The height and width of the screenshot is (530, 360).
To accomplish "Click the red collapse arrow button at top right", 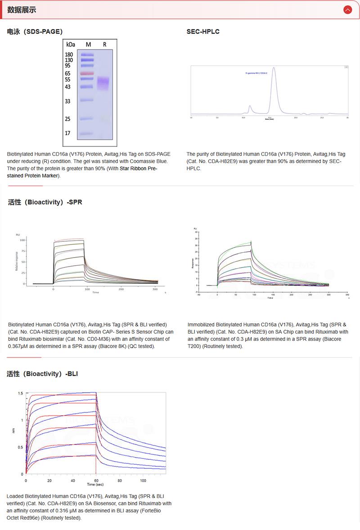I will [x=347, y=9].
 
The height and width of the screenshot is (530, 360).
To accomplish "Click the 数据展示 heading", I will [x=22, y=10].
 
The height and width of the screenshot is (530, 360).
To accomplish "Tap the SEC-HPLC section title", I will [x=203, y=32].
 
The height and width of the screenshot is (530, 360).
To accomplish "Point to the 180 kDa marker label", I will [x=69, y=54].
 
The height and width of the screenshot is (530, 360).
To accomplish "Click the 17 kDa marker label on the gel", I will [x=67, y=133].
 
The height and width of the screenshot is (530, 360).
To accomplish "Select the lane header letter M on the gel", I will [x=88, y=45].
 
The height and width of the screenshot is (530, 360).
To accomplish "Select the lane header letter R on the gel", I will [x=105, y=45].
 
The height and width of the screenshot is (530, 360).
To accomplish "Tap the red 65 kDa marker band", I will [x=87, y=73].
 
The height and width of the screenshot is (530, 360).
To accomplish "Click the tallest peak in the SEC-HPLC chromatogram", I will [x=274, y=68].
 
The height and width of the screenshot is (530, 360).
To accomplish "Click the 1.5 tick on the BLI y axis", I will [x=20, y=393].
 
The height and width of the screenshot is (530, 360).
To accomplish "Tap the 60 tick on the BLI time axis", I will [x=95, y=480].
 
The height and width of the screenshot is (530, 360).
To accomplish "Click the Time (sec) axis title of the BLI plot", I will [x=95, y=485].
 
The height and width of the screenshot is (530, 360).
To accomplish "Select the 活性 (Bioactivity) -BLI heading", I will [x=42, y=374].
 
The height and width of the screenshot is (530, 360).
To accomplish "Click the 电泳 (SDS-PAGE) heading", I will [x=35, y=32].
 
